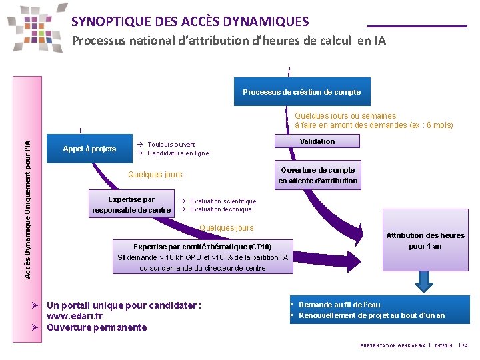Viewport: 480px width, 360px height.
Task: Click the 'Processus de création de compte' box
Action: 301,92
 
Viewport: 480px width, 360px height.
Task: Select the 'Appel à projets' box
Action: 89,149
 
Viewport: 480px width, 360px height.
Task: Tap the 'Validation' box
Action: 317,141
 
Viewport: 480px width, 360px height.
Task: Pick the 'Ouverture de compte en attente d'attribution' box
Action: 317,175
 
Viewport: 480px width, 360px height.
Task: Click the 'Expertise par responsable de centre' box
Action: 131,205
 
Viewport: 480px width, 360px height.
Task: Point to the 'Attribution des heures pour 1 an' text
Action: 425,241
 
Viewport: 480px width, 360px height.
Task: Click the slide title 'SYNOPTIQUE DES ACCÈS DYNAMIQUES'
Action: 190,21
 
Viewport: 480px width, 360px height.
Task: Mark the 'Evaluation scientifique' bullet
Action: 223,201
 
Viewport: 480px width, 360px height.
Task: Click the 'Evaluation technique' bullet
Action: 220,209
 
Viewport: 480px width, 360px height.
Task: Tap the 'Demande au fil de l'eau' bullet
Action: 339,305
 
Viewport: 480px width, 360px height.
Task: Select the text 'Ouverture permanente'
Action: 97,327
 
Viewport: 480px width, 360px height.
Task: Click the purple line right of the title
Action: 417,26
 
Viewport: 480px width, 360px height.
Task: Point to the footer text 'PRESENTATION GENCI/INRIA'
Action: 392,345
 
